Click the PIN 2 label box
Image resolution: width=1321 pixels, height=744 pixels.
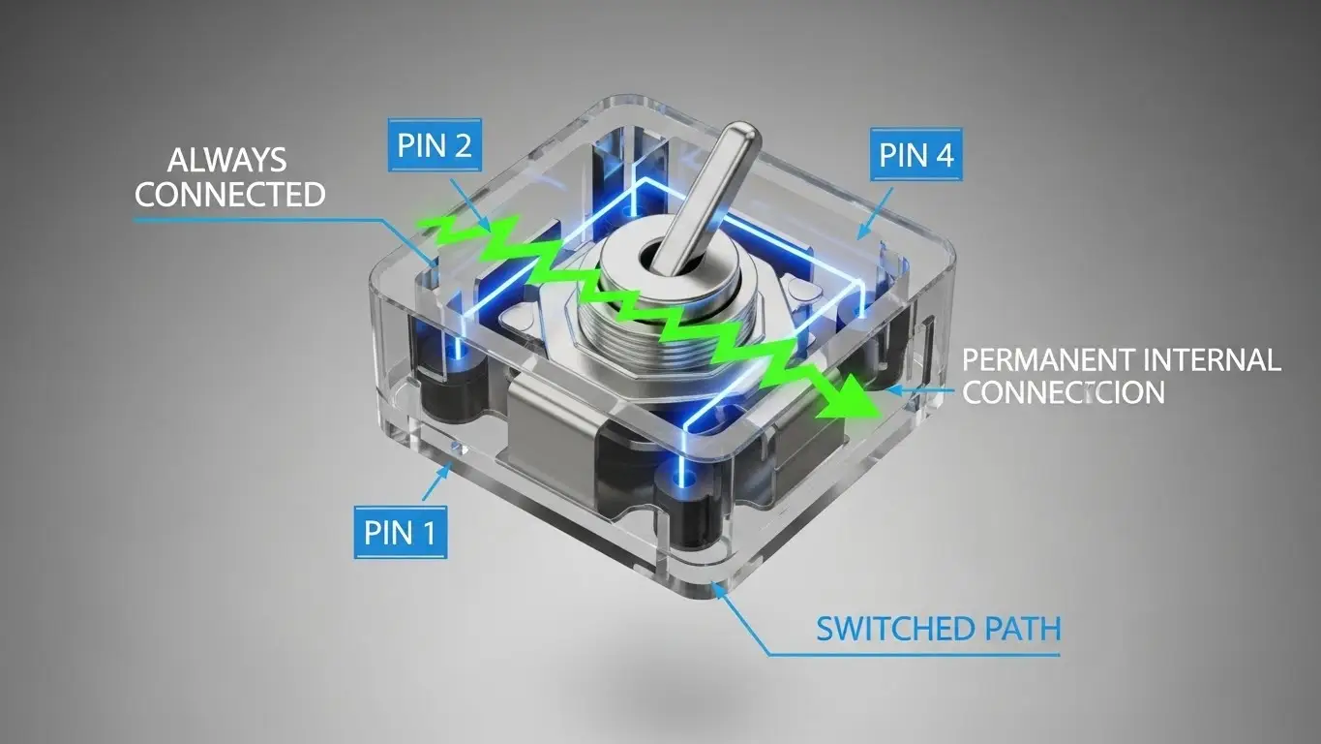pos(435,145)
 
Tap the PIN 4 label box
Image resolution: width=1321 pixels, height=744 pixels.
pos(916,154)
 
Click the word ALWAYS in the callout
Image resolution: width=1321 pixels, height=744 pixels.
pos(227,160)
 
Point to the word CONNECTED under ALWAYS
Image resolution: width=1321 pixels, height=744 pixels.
pos(230,194)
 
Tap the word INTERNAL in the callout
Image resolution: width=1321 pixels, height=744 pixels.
pos(1212,361)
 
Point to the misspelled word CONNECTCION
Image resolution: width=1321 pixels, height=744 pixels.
pos(1065,392)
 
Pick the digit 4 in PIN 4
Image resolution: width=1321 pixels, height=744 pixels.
pos(944,154)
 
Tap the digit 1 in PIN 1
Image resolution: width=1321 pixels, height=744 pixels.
pos(429,532)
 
